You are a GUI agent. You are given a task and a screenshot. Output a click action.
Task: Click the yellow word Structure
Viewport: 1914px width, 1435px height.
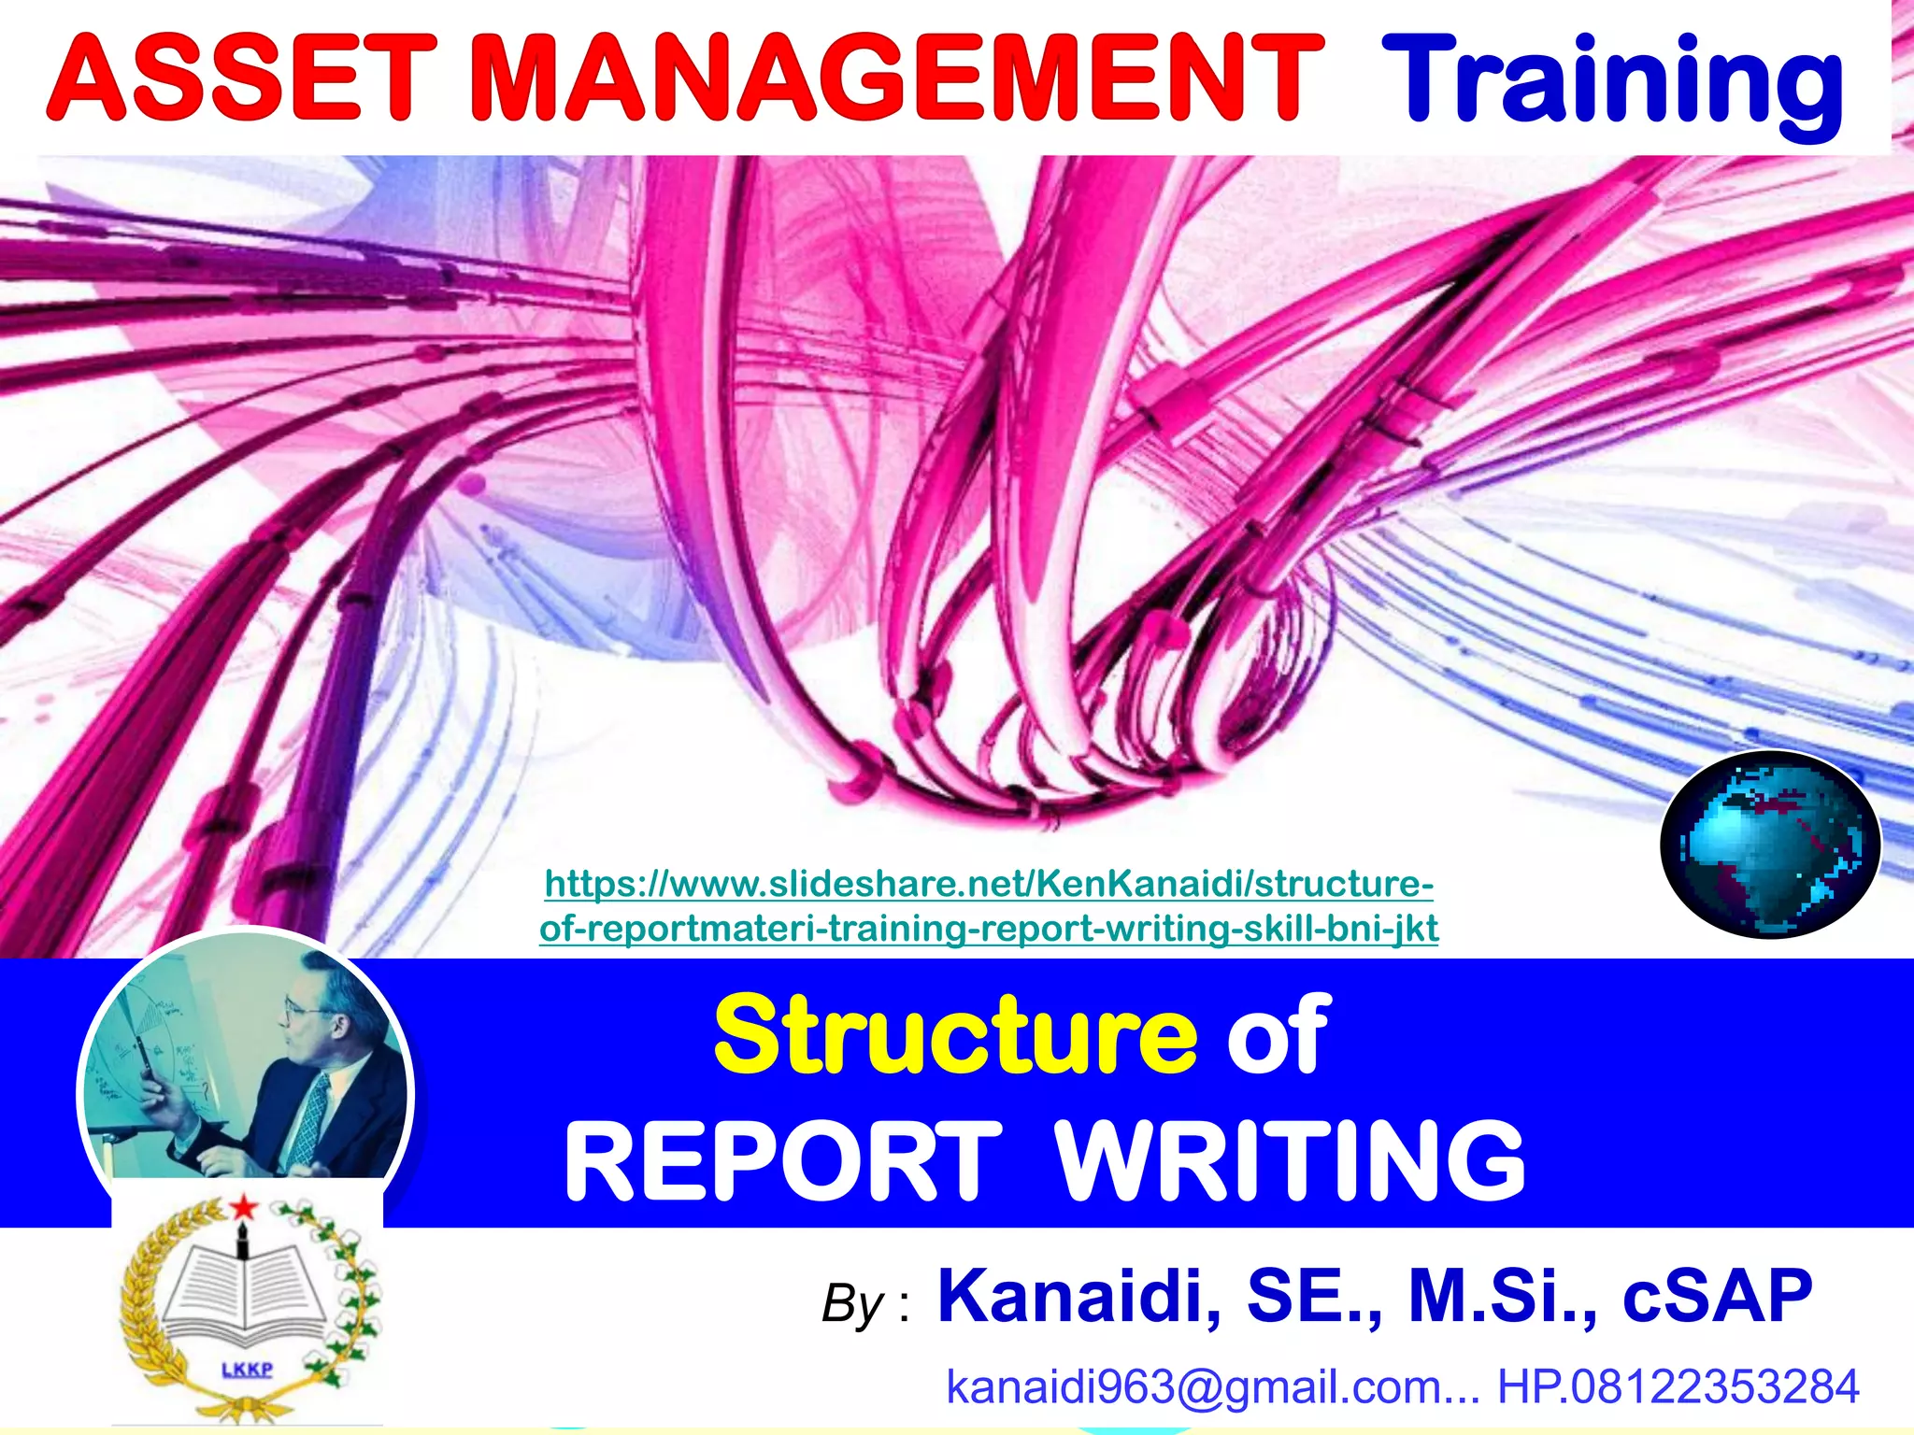[954, 1036]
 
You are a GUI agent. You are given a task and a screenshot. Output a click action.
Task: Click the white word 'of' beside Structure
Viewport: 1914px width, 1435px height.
[1278, 1036]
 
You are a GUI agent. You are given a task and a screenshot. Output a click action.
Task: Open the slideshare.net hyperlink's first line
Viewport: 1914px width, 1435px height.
[988, 884]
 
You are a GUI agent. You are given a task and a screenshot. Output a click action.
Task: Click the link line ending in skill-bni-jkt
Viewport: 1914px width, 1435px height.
[988, 929]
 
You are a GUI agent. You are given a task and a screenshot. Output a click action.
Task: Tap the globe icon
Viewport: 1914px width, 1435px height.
[1769, 845]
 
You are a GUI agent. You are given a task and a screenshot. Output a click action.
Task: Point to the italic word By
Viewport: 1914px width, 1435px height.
[852, 1304]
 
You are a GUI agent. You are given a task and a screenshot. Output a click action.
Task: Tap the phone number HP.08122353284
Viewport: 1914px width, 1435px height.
[1678, 1386]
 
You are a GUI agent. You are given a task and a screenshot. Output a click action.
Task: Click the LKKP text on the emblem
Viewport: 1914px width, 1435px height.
[247, 1371]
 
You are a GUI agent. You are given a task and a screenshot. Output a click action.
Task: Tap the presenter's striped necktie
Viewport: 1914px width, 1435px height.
[308, 1121]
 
